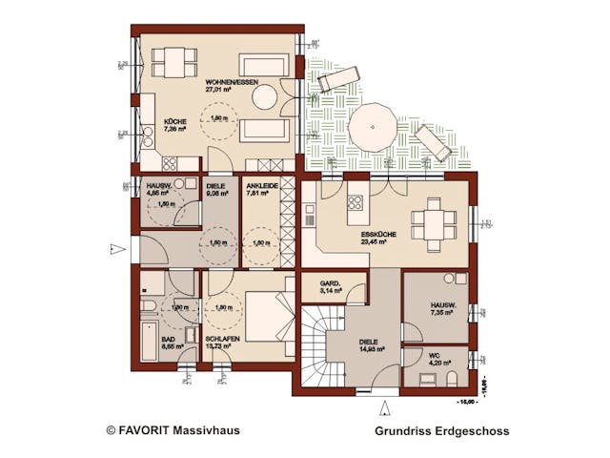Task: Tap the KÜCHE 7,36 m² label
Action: (x=174, y=125)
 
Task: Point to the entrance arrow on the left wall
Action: (x=115, y=250)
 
